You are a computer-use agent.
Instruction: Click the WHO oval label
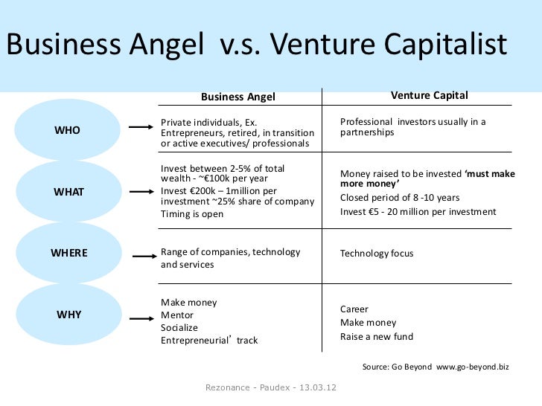[x=68, y=130]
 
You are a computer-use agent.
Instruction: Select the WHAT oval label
[x=69, y=191]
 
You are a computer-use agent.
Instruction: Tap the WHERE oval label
[x=69, y=253]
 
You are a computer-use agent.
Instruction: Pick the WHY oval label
[x=69, y=314]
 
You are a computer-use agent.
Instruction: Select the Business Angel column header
[x=238, y=97]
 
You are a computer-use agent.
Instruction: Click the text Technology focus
[x=376, y=254]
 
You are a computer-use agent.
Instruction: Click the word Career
[x=354, y=309]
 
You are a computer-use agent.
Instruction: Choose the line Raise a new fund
[x=377, y=336]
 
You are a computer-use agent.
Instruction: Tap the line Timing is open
[x=191, y=214]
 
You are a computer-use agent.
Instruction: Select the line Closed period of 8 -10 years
[x=400, y=198]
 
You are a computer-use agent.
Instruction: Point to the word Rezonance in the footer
[x=226, y=387]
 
